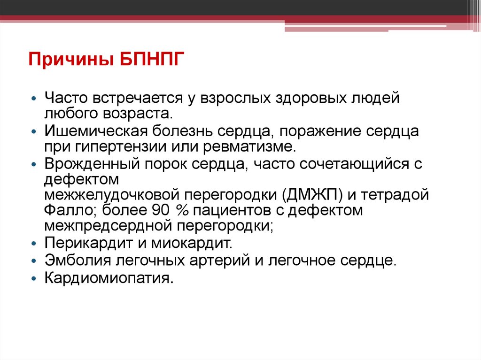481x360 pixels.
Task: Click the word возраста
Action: [145, 114]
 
